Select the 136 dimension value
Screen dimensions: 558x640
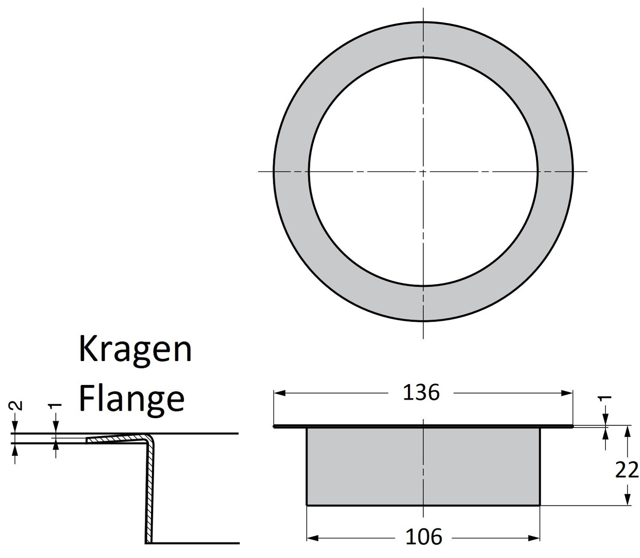(421, 393)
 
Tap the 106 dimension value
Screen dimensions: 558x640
(423, 537)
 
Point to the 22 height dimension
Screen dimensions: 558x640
(626, 470)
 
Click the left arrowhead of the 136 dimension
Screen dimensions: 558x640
(279, 393)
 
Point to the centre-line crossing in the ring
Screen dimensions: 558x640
(423, 171)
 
